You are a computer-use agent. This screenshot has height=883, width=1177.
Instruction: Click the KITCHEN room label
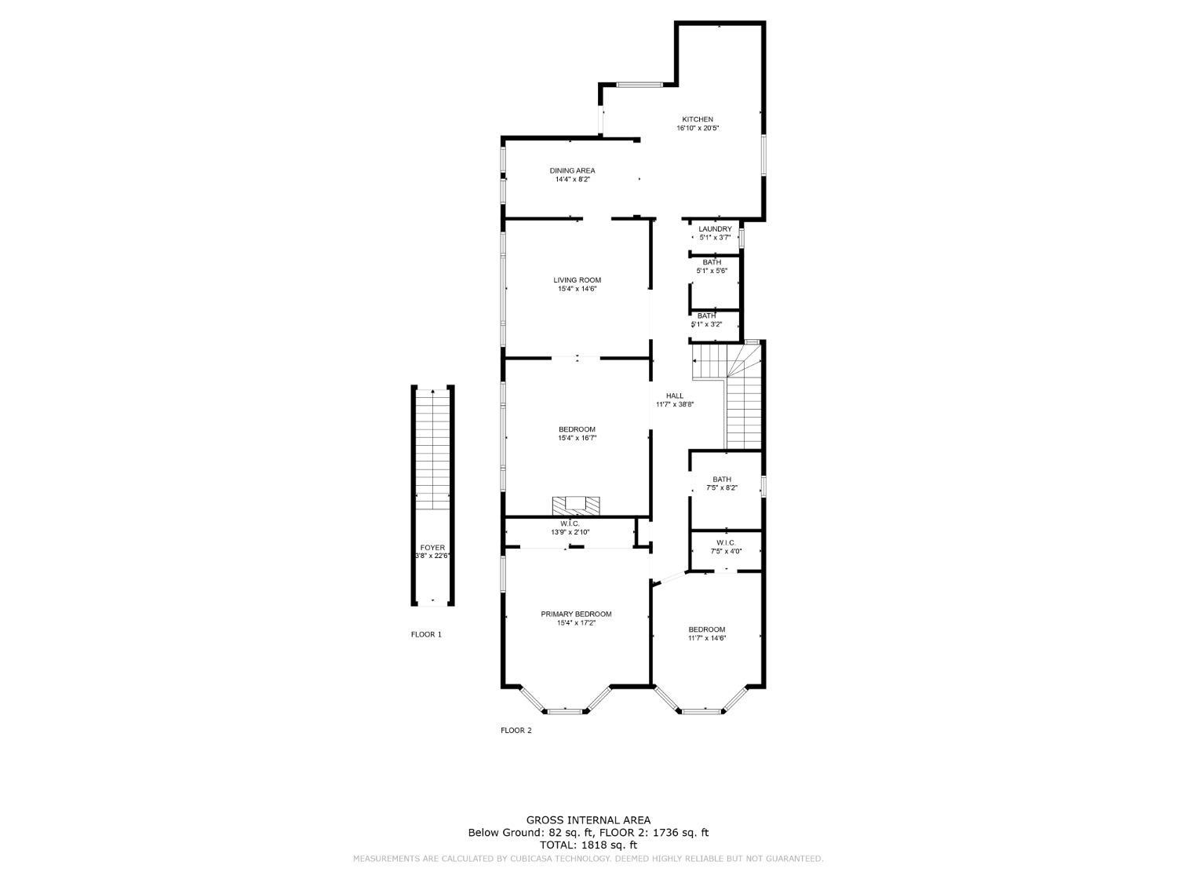(697, 119)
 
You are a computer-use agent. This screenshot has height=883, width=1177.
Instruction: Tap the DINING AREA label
(572, 170)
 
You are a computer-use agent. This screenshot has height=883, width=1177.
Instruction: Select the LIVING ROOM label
(577, 280)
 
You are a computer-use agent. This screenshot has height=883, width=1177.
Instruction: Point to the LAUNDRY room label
(715, 229)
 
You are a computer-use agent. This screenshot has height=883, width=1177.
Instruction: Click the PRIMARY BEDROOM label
(576, 614)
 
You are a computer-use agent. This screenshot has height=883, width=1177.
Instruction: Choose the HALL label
(675, 396)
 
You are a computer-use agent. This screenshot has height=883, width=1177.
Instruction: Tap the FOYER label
(432, 548)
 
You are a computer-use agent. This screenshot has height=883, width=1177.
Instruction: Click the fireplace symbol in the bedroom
(576, 505)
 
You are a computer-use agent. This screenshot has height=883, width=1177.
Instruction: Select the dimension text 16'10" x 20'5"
(698, 128)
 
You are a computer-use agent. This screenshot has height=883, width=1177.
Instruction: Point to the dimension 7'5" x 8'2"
(722, 487)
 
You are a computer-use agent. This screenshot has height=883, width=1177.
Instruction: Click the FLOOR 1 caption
(426, 634)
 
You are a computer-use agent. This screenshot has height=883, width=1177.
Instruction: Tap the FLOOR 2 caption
(516, 730)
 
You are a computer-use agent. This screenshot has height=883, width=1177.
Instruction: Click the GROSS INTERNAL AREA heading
(588, 820)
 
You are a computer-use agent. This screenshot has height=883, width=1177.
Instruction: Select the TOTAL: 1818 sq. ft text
(588, 845)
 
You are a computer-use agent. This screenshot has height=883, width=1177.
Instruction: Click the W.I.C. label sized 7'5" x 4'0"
(725, 542)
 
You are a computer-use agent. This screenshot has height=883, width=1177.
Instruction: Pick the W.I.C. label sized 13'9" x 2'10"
(570, 524)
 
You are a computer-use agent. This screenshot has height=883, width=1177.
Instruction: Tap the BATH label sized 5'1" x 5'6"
(712, 262)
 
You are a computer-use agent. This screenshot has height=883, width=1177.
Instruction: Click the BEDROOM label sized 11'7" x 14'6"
(707, 629)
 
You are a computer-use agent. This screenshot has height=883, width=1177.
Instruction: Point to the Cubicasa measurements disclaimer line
(588, 859)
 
